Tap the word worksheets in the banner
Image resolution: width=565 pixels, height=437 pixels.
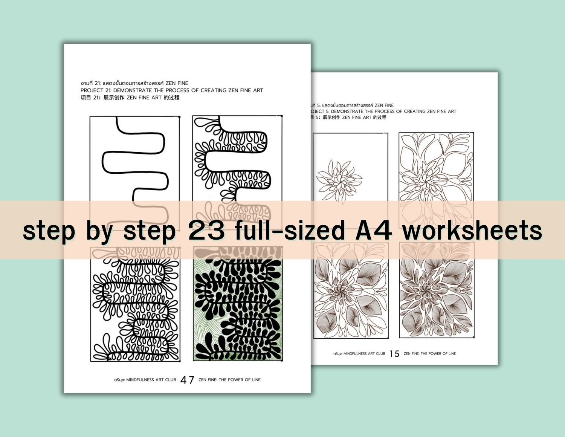(472, 230)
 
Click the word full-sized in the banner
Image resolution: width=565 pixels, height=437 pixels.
(290, 230)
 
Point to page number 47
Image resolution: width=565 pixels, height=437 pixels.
(187, 380)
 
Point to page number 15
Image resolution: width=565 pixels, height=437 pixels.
(394, 354)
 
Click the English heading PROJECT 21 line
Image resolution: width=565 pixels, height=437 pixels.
(172, 90)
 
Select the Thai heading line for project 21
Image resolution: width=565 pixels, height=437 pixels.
(134, 83)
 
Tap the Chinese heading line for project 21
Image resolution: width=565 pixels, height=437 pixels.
(130, 98)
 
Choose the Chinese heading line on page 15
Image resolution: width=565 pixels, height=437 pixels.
(348, 118)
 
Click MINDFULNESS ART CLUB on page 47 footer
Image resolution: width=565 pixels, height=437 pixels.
(145, 380)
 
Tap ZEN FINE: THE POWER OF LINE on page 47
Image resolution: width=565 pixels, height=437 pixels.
(229, 380)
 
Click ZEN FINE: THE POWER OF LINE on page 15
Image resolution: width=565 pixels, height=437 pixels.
(429, 354)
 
